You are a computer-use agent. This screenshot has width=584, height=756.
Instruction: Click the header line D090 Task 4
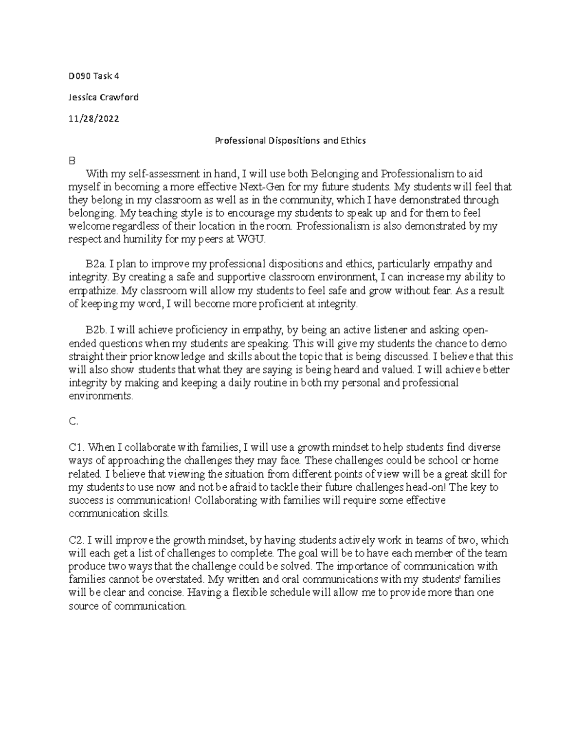(x=94, y=76)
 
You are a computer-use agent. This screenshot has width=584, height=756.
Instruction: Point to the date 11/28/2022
(x=94, y=119)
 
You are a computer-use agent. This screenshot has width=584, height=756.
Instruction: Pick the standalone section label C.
(x=73, y=422)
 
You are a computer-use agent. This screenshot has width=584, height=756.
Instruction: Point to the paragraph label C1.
(x=77, y=447)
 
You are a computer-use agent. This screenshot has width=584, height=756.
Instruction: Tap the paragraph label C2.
(x=77, y=540)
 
